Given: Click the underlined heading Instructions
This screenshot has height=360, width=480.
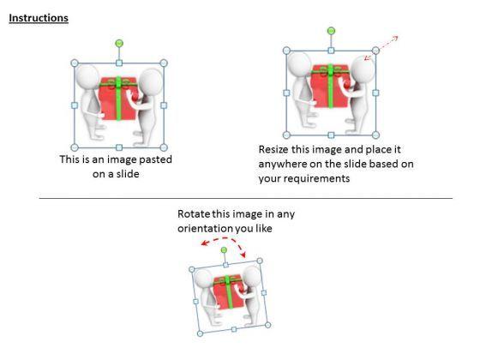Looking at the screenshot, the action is tap(39, 18).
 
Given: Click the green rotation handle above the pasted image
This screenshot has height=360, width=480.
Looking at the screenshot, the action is tap(119, 43).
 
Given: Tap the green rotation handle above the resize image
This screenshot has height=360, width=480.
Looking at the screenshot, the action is tap(331, 31).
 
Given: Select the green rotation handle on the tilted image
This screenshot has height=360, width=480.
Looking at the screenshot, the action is tap(224, 250).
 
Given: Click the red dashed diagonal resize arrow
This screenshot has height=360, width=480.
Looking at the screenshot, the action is tap(381, 48).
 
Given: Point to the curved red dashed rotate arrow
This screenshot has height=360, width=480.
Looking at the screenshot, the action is tap(224, 240).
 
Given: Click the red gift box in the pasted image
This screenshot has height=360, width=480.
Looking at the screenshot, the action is tap(118, 98).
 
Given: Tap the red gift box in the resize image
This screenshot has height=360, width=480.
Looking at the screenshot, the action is tap(330, 86).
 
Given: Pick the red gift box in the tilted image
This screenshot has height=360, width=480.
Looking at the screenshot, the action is tap(228, 292).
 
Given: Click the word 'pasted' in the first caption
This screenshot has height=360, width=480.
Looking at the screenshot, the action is tap(155, 159).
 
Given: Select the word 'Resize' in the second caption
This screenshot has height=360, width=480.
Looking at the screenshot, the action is tap(273, 149).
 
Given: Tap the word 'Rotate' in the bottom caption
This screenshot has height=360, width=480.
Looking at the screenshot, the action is tap(194, 213).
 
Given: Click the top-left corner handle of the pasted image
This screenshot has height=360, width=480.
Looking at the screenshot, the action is tap(75, 63).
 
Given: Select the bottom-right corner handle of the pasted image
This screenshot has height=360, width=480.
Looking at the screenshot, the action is tap(164, 147).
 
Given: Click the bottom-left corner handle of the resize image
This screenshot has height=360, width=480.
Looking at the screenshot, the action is tap(286, 135).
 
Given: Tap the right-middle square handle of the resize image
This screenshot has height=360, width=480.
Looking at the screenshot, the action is tap(375, 93).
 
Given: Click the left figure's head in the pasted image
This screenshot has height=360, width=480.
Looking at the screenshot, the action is tap(87, 76).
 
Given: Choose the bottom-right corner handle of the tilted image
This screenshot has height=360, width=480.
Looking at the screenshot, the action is tap(267, 325).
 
